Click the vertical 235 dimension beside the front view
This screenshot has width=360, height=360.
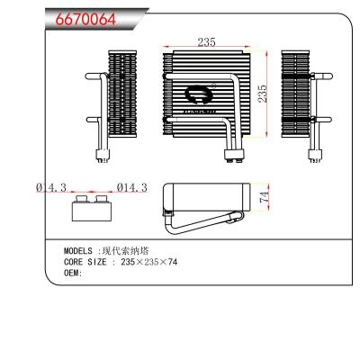tap(264, 94)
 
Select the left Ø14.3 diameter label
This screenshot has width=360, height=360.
tap(52, 187)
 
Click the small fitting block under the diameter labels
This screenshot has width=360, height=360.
tap(90, 209)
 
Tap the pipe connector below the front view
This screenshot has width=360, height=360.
tap(235, 154)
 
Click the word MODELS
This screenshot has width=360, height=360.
tap(79, 251)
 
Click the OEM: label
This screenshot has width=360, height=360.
tap(73, 273)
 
